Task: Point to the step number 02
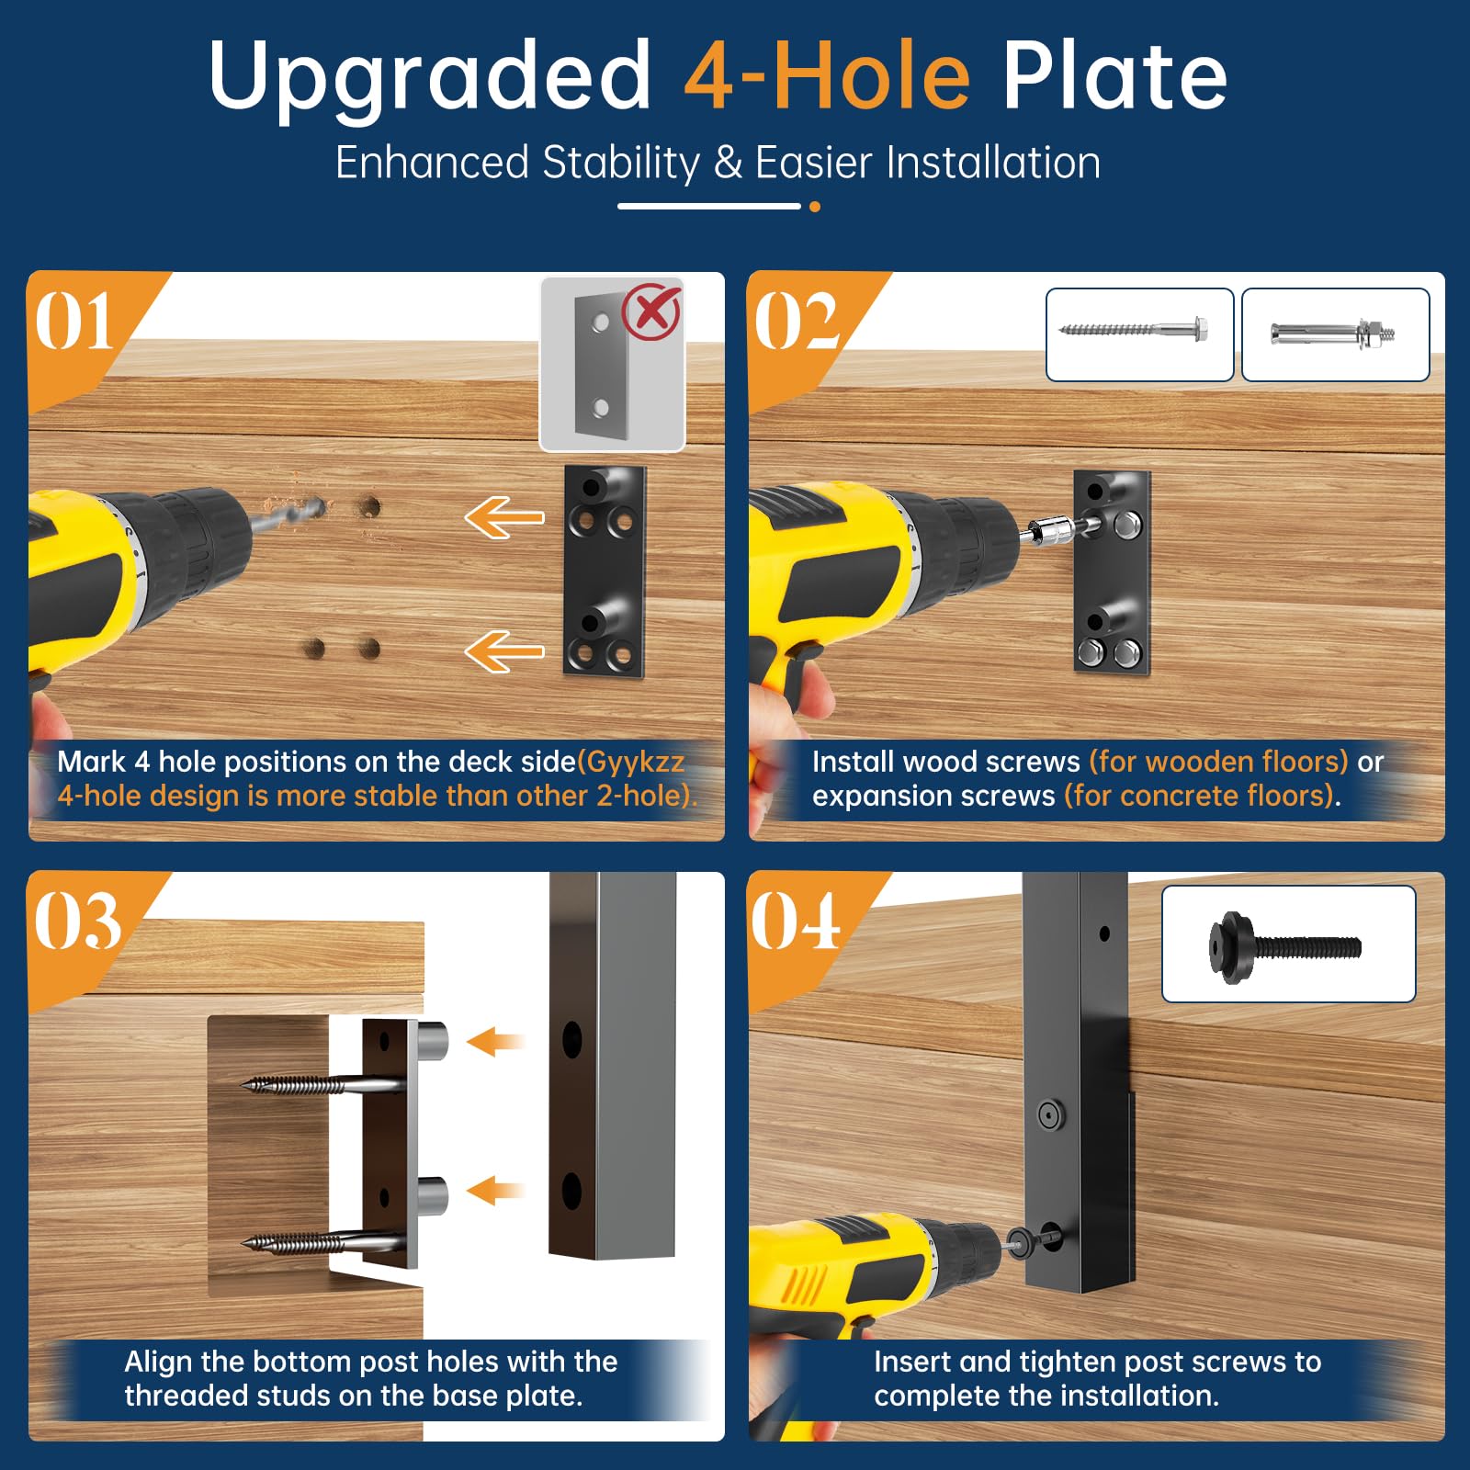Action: click(796, 322)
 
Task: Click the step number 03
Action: click(77, 921)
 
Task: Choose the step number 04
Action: click(796, 921)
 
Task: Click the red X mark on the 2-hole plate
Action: click(651, 312)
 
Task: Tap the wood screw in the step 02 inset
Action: click(1133, 329)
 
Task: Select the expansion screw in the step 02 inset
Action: click(1333, 332)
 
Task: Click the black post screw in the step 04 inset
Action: click(1284, 947)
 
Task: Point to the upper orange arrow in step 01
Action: click(504, 517)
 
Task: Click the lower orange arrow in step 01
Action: click(504, 651)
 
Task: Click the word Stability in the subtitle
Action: click(621, 164)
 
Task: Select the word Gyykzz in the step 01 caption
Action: click(635, 763)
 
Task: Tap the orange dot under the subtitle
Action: click(815, 207)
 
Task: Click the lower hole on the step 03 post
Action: click(571, 1191)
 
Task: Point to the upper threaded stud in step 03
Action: click(433, 1041)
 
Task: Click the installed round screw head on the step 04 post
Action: click(1050, 1115)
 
